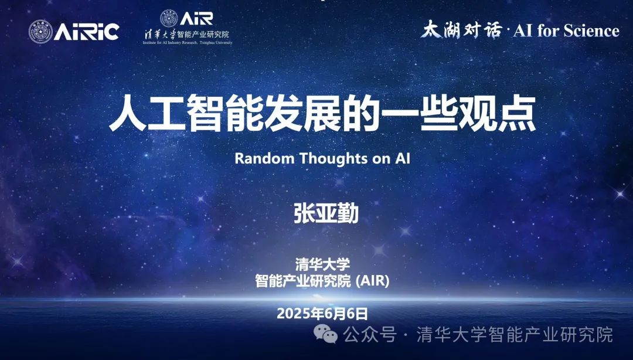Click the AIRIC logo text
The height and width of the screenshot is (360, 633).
[x=86, y=32]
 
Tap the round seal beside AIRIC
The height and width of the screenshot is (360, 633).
[x=40, y=32]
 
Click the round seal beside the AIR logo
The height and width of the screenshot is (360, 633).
[x=169, y=19]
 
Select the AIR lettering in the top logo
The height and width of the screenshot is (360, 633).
[x=196, y=19]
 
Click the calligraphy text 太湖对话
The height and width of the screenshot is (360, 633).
[x=461, y=30]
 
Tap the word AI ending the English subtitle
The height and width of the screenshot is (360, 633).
[x=403, y=158]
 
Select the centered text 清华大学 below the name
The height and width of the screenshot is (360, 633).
[x=322, y=264]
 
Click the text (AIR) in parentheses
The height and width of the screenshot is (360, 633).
[x=372, y=280]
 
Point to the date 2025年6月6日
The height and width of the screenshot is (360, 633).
[x=322, y=313]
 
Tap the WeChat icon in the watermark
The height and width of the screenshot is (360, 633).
[x=326, y=335]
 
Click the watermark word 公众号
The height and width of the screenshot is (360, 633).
[x=370, y=335]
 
